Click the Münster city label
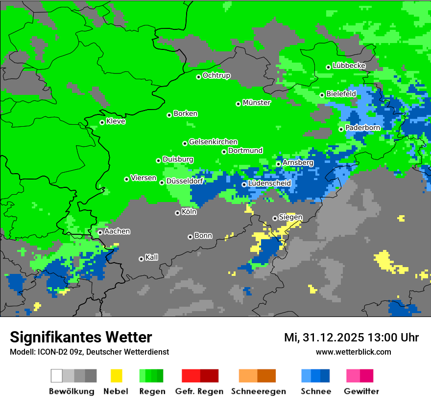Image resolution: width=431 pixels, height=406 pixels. [257, 103]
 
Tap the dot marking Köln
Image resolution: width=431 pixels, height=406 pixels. [177, 213]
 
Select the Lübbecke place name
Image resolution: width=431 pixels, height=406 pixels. [349, 66]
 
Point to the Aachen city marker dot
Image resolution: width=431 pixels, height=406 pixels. [100, 232]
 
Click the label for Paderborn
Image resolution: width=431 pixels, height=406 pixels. [363, 128]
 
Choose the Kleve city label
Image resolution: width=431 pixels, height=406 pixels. [116, 121]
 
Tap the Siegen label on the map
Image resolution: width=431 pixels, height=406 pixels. [290, 217]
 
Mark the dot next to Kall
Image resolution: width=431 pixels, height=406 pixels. [141, 259]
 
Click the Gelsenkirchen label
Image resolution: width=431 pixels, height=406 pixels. [214, 142]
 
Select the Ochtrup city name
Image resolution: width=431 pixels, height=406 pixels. [216, 75]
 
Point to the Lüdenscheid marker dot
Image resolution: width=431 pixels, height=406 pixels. [244, 184]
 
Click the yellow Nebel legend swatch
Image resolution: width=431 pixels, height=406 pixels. [116, 376]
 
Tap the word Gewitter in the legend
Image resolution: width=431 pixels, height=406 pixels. [361, 391]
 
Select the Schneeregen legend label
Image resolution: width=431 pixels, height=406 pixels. [259, 391]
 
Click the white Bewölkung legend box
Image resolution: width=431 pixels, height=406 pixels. [57, 376]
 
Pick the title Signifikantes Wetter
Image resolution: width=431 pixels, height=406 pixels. [81, 337]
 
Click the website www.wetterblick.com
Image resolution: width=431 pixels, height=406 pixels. [354, 352]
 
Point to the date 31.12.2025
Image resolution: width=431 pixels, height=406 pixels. [333, 338]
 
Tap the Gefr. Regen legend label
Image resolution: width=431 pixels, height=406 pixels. [199, 391]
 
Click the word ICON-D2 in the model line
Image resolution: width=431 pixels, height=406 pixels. [50, 352]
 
